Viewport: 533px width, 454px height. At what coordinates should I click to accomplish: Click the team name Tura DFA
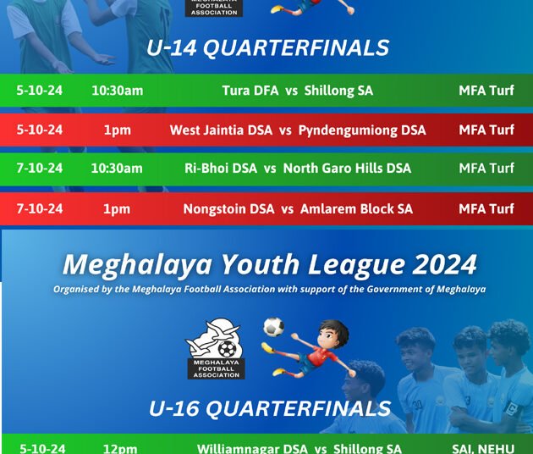click(x=250, y=91)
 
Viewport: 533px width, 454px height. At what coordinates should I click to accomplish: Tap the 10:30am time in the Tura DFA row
click(x=117, y=91)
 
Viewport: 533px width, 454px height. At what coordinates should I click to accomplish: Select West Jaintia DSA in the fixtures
click(x=221, y=130)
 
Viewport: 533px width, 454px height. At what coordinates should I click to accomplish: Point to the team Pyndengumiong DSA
click(x=362, y=130)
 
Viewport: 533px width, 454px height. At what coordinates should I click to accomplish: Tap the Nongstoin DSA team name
click(x=228, y=208)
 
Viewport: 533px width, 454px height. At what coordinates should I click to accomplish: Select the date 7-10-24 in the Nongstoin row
click(x=39, y=208)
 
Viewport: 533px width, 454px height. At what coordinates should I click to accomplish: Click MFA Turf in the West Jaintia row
click(x=486, y=130)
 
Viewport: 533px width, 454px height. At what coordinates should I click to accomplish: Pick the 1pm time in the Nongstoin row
click(x=117, y=208)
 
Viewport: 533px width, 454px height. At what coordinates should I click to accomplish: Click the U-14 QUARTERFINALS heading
click(x=267, y=48)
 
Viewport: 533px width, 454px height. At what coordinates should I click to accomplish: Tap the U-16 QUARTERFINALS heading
click(x=269, y=409)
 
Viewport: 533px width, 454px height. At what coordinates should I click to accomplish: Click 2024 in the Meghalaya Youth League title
click(x=445, y=265)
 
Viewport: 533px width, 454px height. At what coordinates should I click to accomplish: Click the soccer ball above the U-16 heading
click(x=273, y=327)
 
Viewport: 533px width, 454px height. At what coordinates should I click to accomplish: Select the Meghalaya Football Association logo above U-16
click(x=215, y=348)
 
